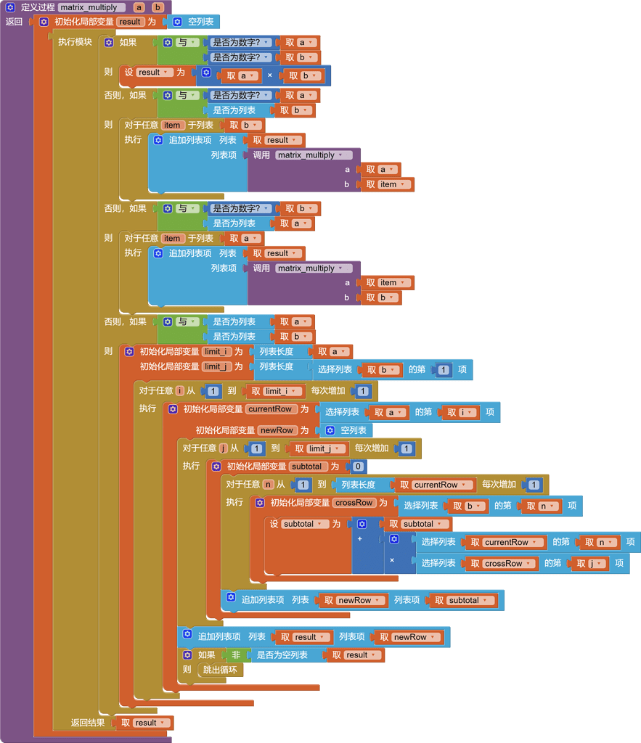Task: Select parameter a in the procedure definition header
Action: (139, 7)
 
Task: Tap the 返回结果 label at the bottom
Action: (88, 723)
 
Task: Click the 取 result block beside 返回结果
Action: (144, 723)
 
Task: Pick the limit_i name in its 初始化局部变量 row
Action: (216, 352)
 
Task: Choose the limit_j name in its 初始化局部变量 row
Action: (216, 367)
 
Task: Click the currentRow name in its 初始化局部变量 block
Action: (269, 409)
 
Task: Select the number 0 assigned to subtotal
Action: (357, 467)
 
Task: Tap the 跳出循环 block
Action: (220, 670)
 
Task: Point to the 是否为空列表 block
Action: (282, 654)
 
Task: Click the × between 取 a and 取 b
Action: (270, 75)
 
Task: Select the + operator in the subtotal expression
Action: (359, 539)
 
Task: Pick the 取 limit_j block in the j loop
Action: (318, 448)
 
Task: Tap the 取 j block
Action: (589, 563)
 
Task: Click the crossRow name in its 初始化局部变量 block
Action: (354, 503)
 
